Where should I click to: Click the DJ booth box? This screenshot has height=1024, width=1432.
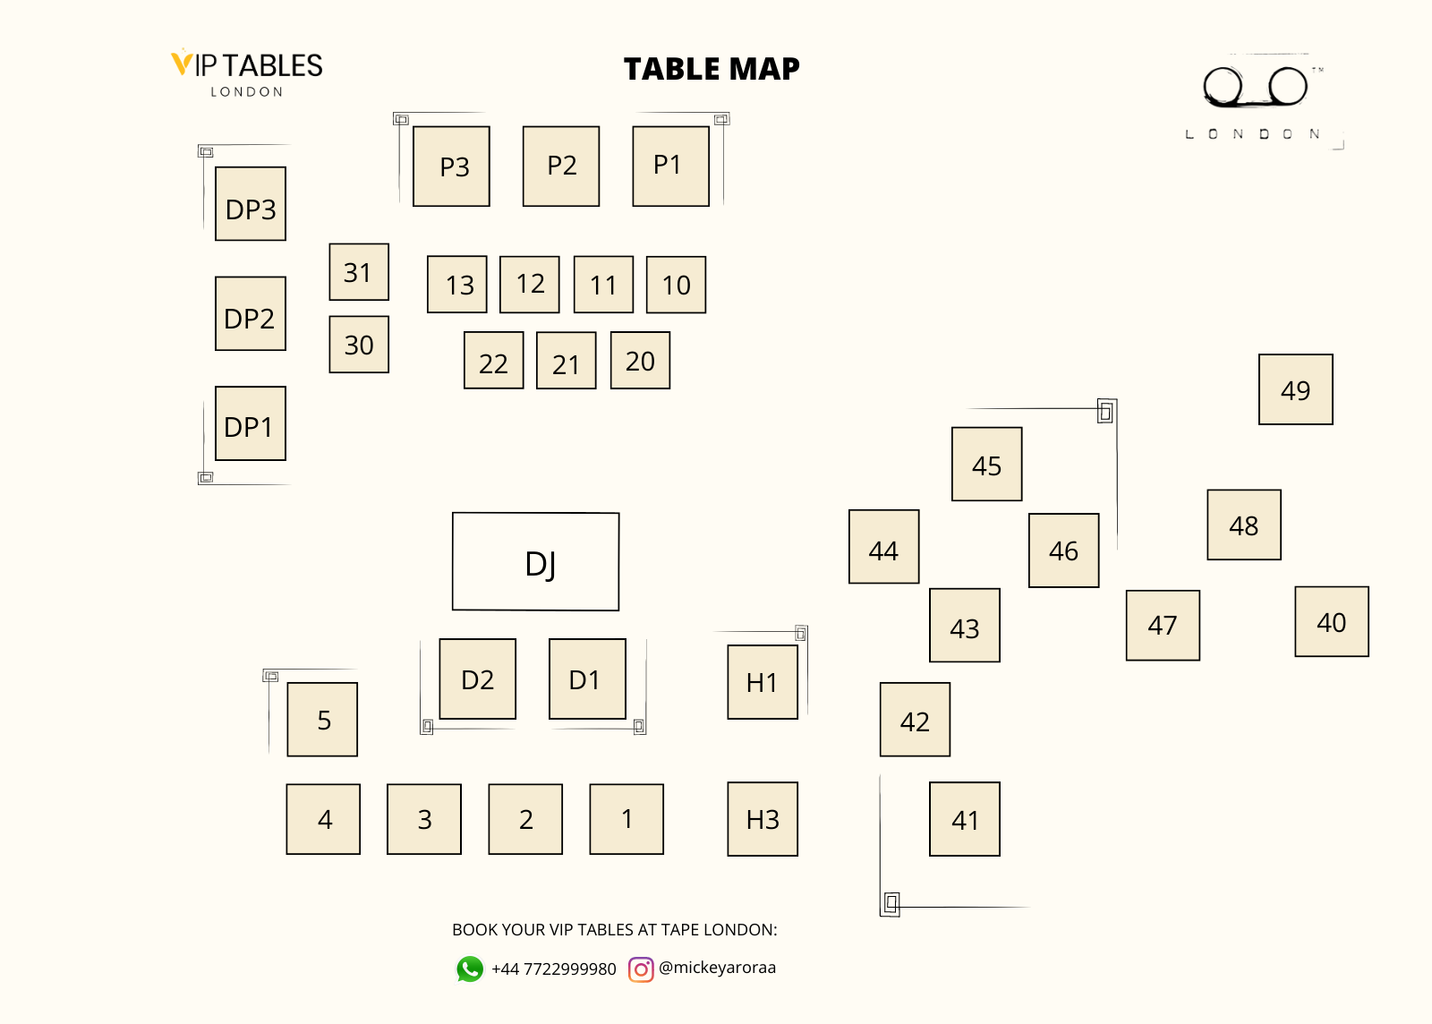(535, 562)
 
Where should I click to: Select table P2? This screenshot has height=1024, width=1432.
(561, 166)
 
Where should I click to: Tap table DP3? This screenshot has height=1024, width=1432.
(251, 204)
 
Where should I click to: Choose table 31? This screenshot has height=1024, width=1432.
(359, 272)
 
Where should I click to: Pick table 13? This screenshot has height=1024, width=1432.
(457, 285)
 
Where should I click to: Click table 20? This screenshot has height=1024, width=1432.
(640, 361)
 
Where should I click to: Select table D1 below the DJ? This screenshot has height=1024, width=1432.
(587, 679)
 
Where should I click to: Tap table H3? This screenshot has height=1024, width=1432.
(763, 819)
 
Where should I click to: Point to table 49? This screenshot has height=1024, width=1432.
(1295, 389)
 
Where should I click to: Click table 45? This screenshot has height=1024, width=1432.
(986, 465)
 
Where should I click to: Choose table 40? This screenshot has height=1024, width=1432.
(1332, 622)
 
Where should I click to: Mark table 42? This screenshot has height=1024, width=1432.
(915, 721)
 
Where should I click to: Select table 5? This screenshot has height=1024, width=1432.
(322, 720)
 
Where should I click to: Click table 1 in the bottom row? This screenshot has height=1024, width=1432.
(626, 819)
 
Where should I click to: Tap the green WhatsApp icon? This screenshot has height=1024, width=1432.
(470, 969)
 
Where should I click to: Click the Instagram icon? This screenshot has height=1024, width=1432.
(641, 969)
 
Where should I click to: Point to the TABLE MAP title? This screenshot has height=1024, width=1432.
(712, 69)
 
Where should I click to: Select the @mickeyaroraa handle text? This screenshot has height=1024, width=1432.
(717, 968)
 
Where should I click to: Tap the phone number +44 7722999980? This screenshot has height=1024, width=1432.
(554, 969)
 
